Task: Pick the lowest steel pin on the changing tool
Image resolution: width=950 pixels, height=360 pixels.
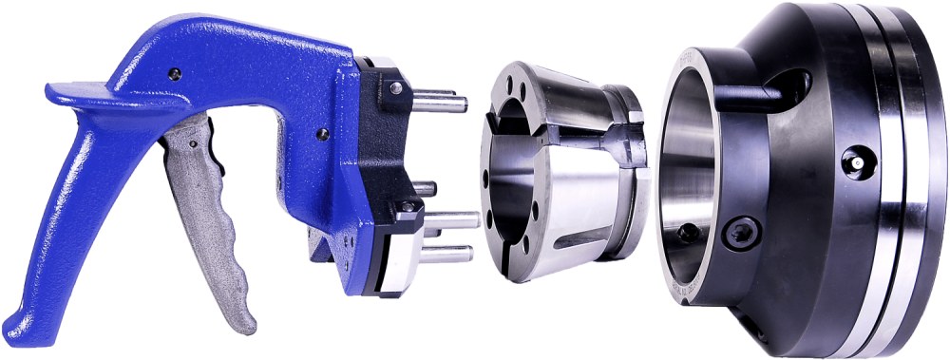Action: [452, 253]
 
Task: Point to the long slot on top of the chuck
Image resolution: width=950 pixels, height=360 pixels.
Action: [760, 92]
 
